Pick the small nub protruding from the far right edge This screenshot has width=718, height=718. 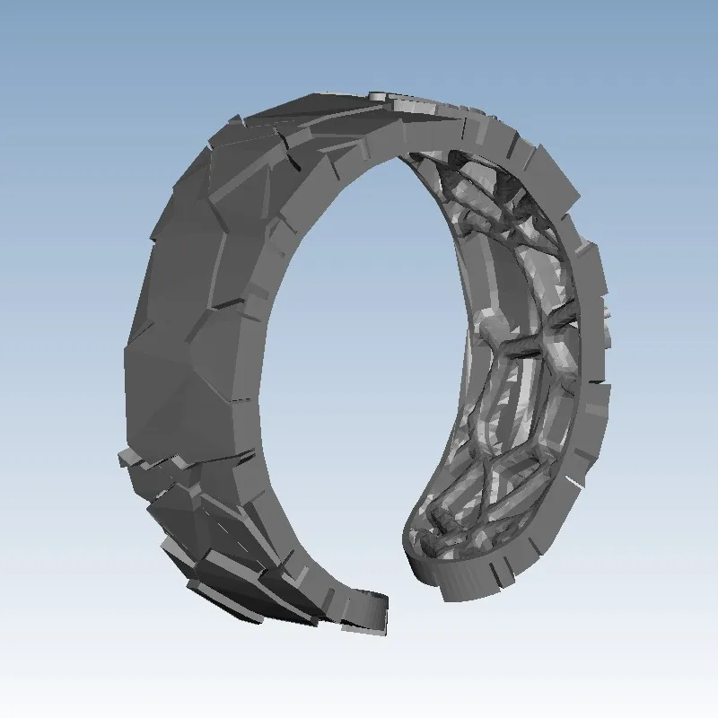(609, 314)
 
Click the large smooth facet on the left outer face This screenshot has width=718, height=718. (175, 296)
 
